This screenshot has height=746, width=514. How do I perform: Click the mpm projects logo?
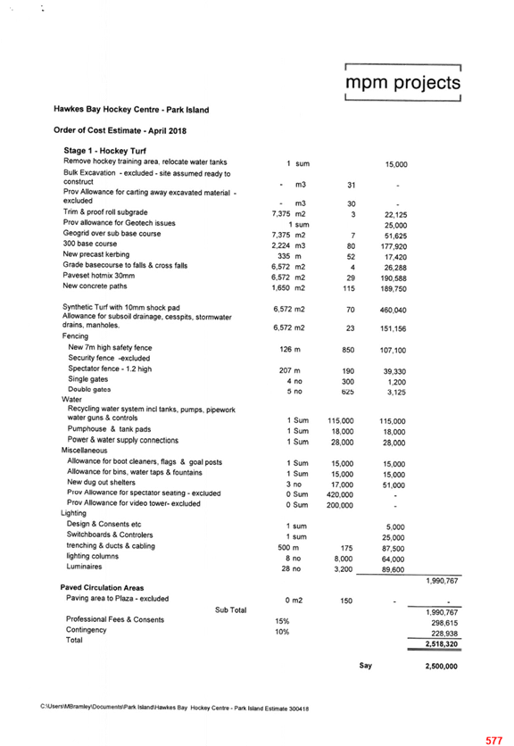click(x=402, y=82)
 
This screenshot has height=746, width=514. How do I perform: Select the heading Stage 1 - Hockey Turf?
click(x=104, y=151)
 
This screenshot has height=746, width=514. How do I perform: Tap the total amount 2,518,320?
click(x=441, y=644)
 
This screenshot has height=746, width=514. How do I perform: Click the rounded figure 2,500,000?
click(x=441, y=666)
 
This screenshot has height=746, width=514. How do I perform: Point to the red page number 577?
click(x=494, y=741)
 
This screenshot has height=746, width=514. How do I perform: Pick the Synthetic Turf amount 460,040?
click(x=394, y=311)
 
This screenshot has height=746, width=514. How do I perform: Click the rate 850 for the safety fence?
click(x=348, y=350)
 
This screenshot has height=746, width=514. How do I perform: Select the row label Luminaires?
click(x=84, y=567)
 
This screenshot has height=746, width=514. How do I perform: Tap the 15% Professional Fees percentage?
click(x=282, y=621)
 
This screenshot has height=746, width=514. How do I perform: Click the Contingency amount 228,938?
click(x=444, y=634)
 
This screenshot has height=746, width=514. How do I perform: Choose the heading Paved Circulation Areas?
click(x=102, y=587)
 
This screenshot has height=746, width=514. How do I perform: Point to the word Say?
click(x=366, y=665)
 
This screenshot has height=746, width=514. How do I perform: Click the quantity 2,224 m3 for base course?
click(x=288, y=245)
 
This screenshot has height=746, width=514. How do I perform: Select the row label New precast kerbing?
click(x=96, y=254)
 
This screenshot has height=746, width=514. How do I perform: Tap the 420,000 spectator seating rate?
click(x=340, y=494)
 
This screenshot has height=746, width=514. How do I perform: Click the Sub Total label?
click(x=231, y=610)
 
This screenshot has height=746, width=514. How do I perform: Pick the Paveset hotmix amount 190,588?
click(x=394, y=278)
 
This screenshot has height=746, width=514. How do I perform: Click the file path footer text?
click(x=175, y=708)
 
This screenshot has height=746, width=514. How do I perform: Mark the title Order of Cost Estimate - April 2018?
click(x=120, y=130)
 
